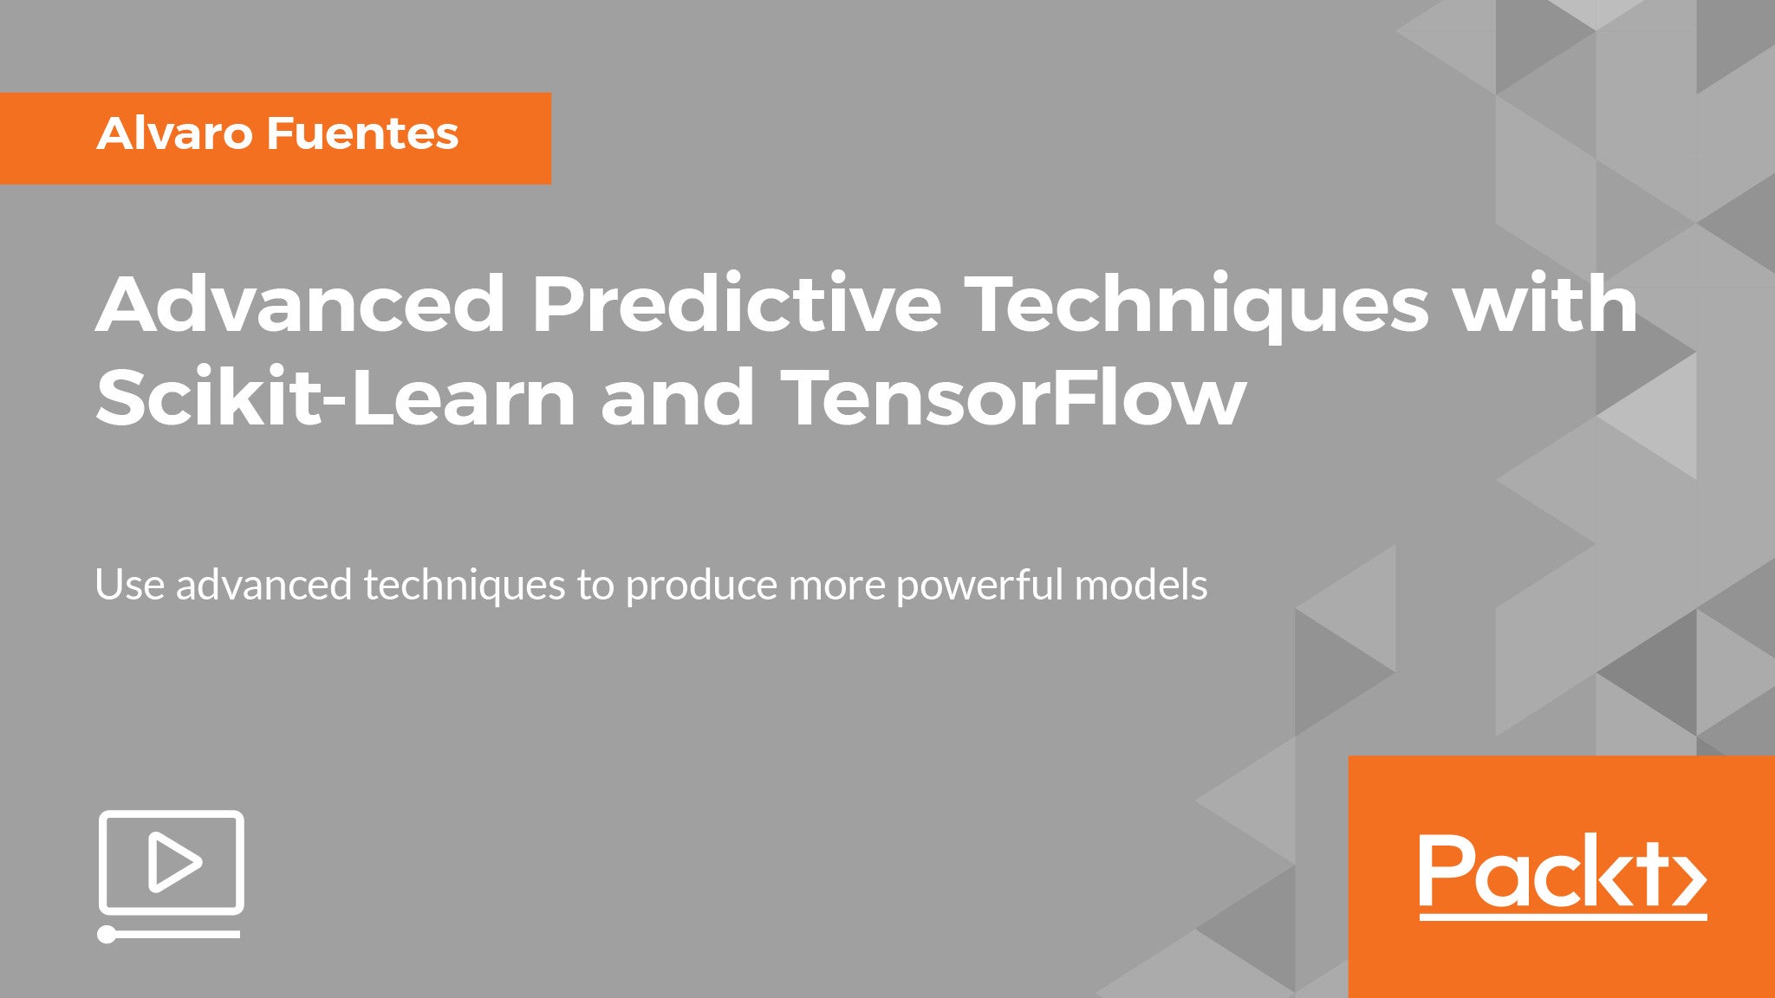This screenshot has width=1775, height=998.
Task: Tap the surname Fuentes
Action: (x=363, y=133)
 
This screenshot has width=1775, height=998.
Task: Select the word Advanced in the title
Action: (x=301, y=304)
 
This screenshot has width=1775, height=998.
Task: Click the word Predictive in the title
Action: (x=736, y=304)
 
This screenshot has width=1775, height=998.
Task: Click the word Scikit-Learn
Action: (x=336, y=398)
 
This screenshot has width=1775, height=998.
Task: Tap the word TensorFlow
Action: (x=1013, y=398)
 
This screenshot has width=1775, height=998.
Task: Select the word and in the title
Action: (x=678, y=398)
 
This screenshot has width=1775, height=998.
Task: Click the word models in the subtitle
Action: (x=1141, y=585)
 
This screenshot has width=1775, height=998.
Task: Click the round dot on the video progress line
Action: (x=107, y=934)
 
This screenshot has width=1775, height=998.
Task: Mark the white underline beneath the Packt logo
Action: (x=1563, y=915)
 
